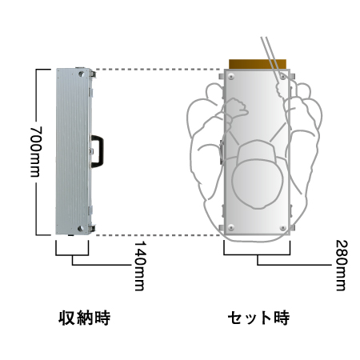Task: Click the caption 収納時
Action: click(84, 318)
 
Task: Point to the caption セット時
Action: click(258, 318)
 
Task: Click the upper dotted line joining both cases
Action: click(160, 70)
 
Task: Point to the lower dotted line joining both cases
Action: click(160, 235)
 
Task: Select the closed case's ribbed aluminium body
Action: click(70, 152)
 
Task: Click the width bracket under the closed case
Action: click(74, 254)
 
